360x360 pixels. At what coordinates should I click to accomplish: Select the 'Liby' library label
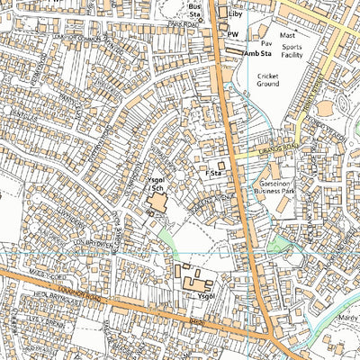pyautogui.click(x=237, y=14)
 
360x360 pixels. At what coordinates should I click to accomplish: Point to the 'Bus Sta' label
pyautogui.click(x=194, y=10)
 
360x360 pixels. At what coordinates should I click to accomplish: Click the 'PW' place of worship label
pyautogui.click(x=233, y=34)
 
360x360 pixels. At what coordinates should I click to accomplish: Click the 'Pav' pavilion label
pyautogui.click(x=265, y=41)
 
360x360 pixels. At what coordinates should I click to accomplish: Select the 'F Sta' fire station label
pyautogui.click(x=213, y=172)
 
